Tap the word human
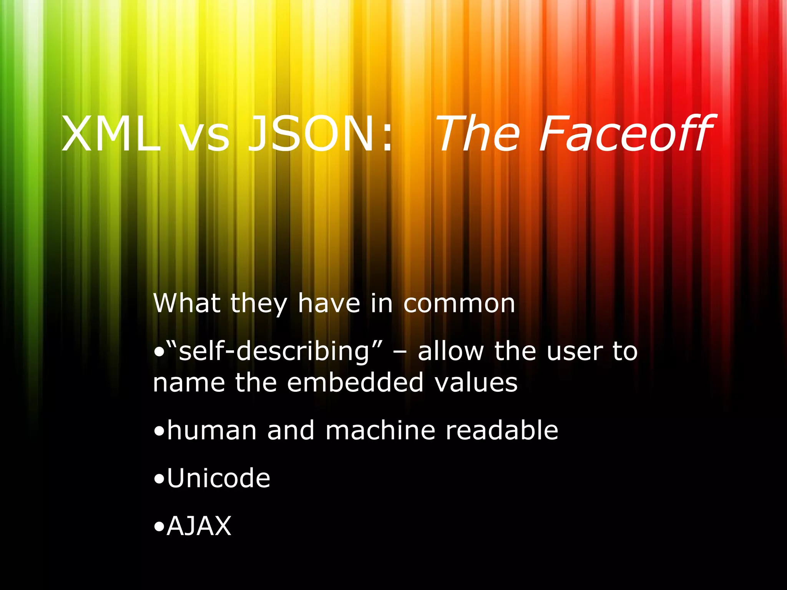click(x=212, y=430)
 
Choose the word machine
click(x=380, y=430)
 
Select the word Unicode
click(x=219, y=478)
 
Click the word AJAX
click(x=199, y=526)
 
